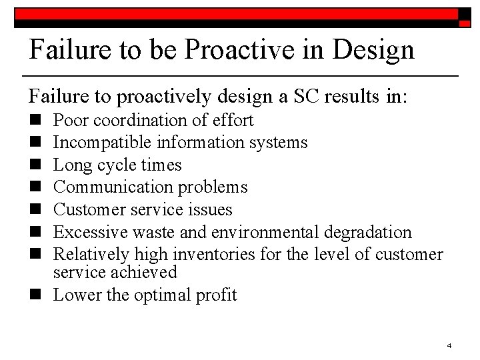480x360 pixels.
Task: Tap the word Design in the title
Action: click(375, 49)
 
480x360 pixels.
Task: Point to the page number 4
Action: click(449, 345)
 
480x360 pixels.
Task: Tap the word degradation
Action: click(369, 232)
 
